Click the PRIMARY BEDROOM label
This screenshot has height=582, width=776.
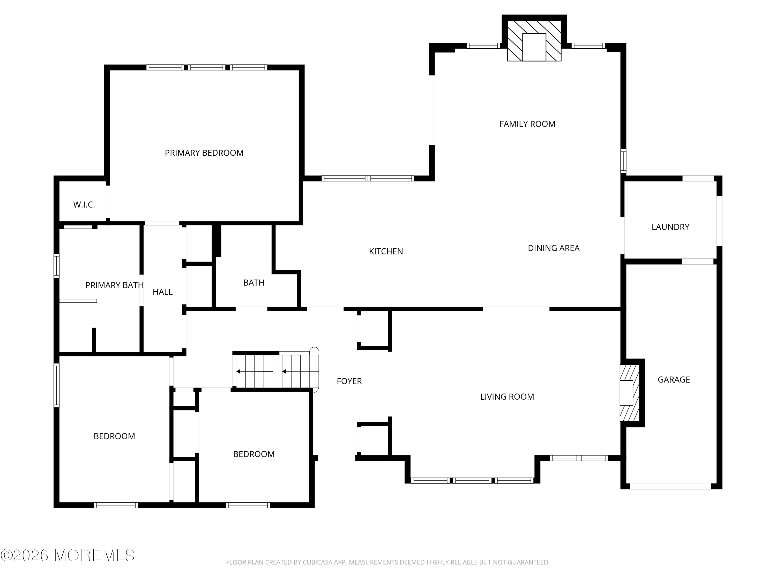[x=204, y=153]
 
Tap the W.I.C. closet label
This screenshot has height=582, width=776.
[x=84, y=205]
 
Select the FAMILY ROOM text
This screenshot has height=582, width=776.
[x=527, y=124]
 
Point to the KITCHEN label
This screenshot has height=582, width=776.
[x=386, y=251]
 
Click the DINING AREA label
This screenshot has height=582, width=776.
[x=553, y=248]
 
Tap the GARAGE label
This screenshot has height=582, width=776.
[x=673, y=379]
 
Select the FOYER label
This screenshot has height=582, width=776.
[x=349, y=381]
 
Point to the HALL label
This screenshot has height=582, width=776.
[x=162, y=292]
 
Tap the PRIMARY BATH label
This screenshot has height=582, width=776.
[x=114, y=285]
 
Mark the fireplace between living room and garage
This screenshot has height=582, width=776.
[x=629, y=393]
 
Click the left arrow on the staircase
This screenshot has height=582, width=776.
[x=238, y=371]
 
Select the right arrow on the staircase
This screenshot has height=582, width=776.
[x=284, y=371]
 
